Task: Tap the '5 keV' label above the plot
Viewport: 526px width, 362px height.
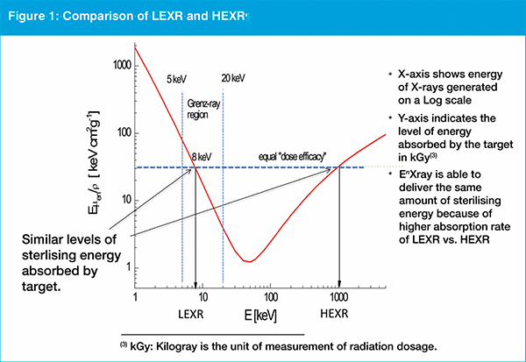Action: (x=178, y=75)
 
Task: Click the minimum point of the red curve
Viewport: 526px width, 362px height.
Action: (x=250, y=260)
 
